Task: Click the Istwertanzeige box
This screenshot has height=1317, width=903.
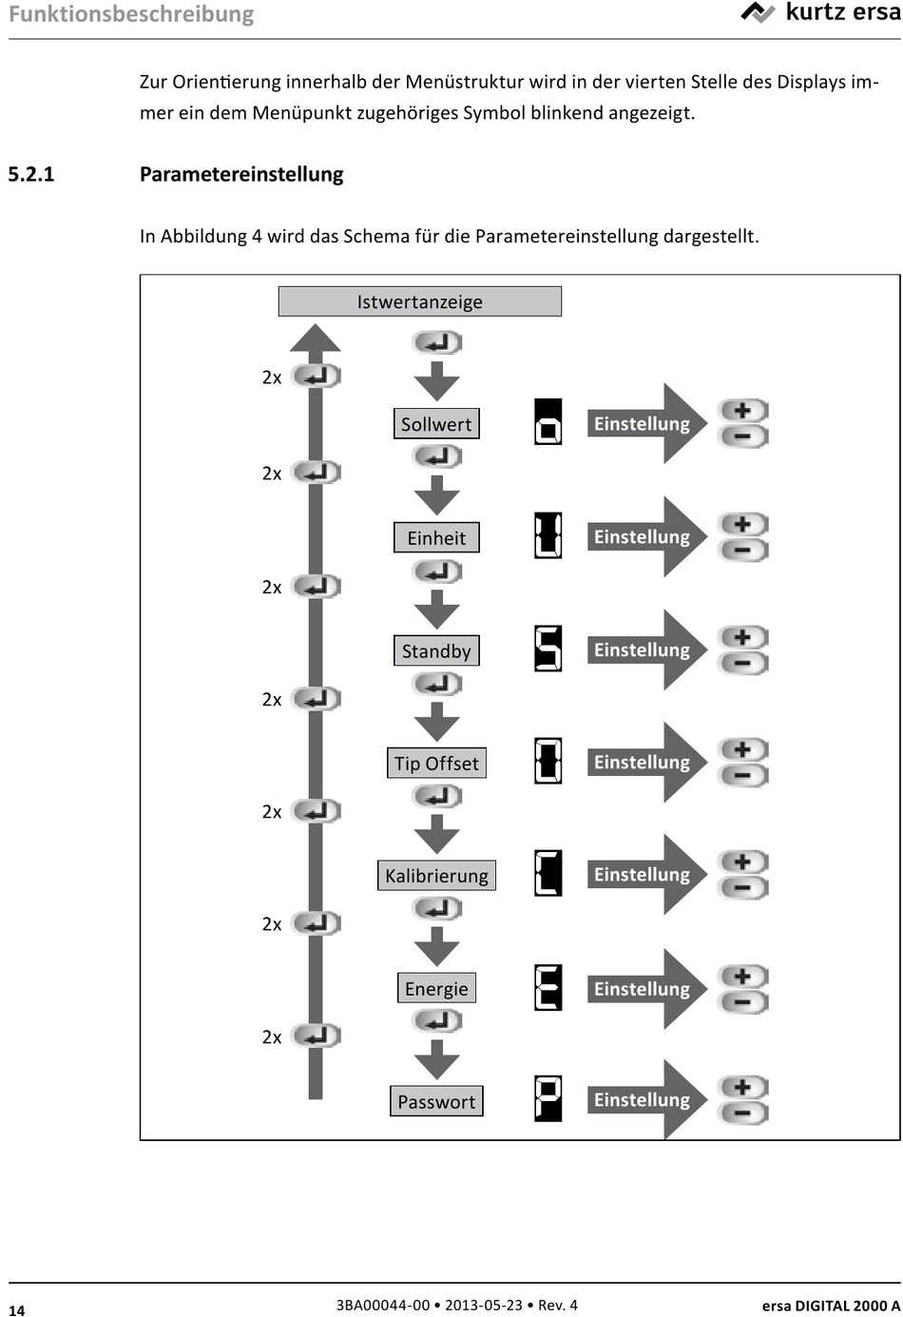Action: tap(419, 301)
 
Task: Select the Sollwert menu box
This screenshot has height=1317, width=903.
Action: tap(436, 424)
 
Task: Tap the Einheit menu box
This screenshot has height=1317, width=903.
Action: tap(436, 537)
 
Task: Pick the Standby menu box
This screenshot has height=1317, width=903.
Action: tap(436, 650)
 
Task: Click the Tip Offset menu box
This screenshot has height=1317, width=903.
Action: tap(436, 763)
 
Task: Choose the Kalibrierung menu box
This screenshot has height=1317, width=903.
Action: tap(436, 875)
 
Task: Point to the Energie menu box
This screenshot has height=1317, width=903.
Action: tap(436, 988)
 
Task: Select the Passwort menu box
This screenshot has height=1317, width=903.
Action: tap(436, 1101)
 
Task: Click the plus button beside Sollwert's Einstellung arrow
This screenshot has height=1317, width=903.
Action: tap(743, 411)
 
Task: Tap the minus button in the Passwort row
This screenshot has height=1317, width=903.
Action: tap(743, 1113)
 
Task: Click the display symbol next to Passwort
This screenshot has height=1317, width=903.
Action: tap(548, 1098)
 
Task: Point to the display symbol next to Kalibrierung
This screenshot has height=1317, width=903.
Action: tap(548, 873)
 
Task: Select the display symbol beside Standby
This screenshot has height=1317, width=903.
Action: tap(548, 649)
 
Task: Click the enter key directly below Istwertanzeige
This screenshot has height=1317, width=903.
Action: tap(436, 342)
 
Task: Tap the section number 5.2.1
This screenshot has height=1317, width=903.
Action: tap(31, 174)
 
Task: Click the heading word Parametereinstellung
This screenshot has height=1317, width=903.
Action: tap(241, 174)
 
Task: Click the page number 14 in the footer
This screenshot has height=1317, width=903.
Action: tap(17, 1308)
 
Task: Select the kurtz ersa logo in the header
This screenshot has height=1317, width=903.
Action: tap(819, 13)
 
